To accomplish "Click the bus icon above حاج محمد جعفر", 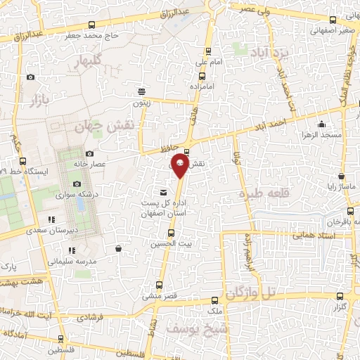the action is [x=112, y=23].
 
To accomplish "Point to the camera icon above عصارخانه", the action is [x=89, y=154].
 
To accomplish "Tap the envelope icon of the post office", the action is [x=164, y=192].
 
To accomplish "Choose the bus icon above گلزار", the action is [x=341, y=296].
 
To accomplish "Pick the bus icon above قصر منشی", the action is [x=159, y=285].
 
